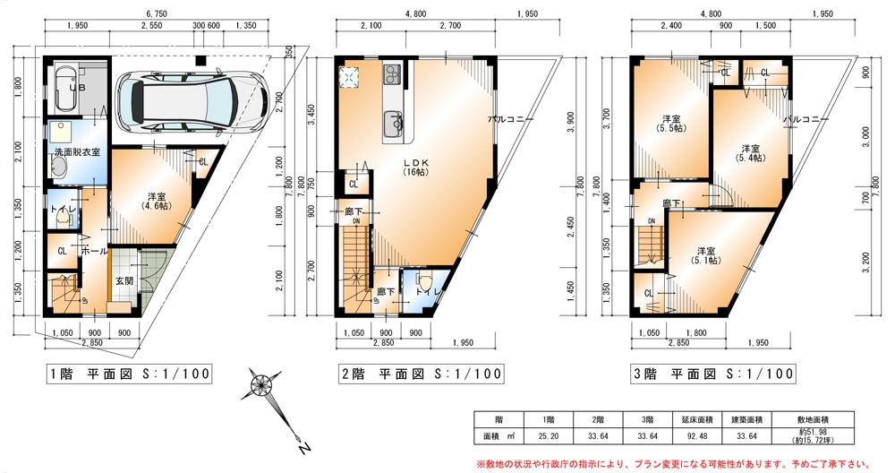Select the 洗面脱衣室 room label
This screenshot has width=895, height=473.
77,152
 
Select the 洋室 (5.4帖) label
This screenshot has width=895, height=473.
750,153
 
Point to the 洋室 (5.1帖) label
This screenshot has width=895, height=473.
706,256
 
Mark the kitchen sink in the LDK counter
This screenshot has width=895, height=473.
394,124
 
